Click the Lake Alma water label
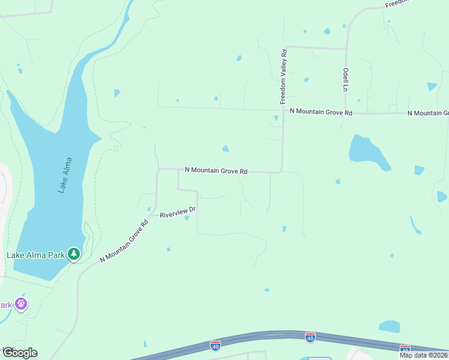coord(65,175)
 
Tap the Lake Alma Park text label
coord(35,255)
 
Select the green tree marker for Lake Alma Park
coord(74,254)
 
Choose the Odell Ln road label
coord(346,79)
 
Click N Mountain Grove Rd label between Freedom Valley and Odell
coord(320,112)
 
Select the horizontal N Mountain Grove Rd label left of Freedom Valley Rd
coord(216,171)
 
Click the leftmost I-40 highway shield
coord(215,345)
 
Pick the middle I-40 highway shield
coord(310,338)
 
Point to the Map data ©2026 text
coord(424,355)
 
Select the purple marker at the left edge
coord(21,304)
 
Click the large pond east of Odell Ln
coord(369,153)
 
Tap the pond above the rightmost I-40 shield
coord(390,326)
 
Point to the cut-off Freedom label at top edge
coord(397,4)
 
